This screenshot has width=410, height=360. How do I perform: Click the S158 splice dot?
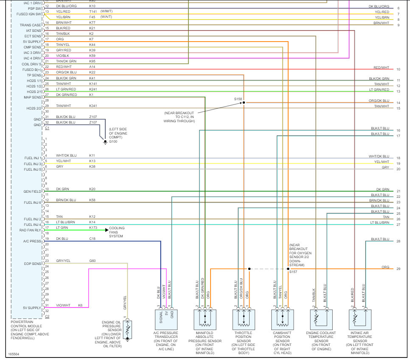(x=244, y=102)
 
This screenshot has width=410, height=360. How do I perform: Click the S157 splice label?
(x=293, y=272)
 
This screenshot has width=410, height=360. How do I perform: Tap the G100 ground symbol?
(x=105, y=141)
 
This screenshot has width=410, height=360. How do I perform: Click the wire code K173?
(x=93, y=228)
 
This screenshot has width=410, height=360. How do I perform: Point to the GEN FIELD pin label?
(x=33, y=191)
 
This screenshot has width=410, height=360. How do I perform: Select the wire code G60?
(x=93, y=261)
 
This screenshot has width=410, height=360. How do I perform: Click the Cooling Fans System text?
(x=117, y=232)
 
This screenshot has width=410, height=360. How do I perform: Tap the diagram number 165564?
(x=13, y=354)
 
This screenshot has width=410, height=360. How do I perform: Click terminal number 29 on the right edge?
(x=398, y=269)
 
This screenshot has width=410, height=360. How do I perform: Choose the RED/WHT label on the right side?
(x=381, y=67)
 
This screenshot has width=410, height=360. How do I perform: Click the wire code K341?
(x=93, y=106)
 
